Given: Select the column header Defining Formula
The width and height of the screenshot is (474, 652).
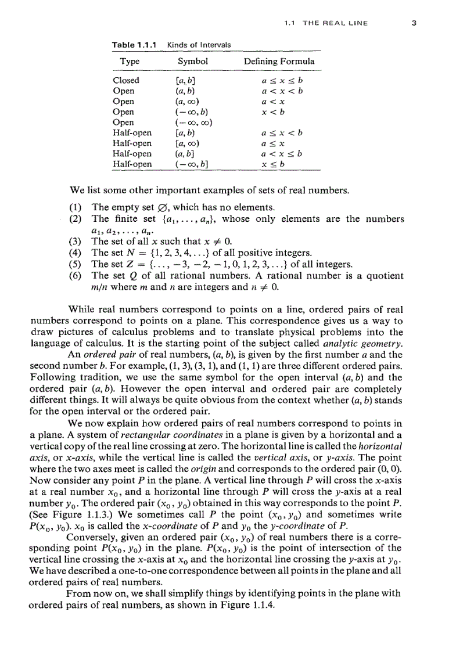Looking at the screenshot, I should click(279, 61).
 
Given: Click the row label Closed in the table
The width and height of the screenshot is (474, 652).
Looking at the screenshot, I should click(126, 81).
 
